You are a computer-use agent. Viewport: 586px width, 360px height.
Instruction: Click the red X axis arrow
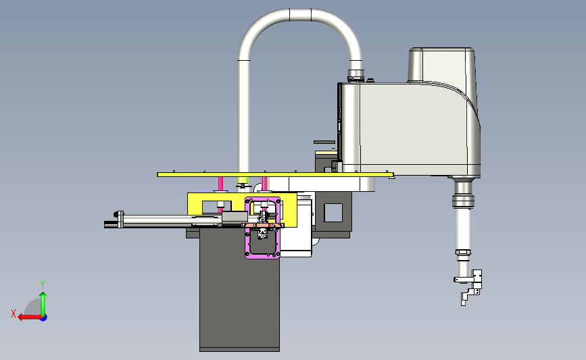click(x=30, y=317)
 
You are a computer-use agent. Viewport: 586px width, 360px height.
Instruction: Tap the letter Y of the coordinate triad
click(x=43, y=284)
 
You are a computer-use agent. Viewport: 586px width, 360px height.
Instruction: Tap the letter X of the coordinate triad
click(x=14, y=313)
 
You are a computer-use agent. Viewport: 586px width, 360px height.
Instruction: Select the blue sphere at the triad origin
click(x=44, y=318)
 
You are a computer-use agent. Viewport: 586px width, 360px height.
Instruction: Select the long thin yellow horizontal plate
click(x=276, y=174)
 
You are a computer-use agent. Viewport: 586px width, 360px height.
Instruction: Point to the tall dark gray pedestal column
click(x=239, y=290)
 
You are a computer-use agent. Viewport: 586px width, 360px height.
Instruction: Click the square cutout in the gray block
click(x=333, y=213)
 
